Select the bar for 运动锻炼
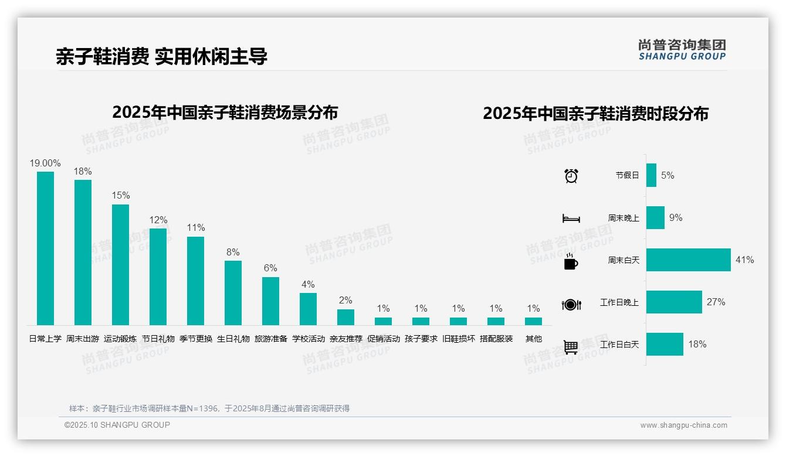[x=120, y=264]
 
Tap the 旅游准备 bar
[x=270, y=301]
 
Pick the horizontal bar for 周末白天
[x=688, y=260]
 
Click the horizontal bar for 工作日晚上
[x=674, y=302]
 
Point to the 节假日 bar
[x=651, y=175]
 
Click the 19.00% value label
[x=45, y=163]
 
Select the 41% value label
[x=744, y=260]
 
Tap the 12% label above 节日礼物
[x=158, y=220]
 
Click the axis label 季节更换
[x=195, y=339]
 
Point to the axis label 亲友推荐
[x=345, y=339]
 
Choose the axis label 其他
[x=533, y=339]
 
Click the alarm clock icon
[x=571, y=175]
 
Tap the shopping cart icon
[x=571, y=347]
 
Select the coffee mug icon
[x=571, y=262]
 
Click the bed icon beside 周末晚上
[x=571, y=219]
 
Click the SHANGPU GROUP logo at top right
[x=682, y=50]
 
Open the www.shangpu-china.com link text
[x=683, y=425]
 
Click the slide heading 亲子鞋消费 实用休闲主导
[x=161, y=56]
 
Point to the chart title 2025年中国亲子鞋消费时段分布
[x=595, y=113]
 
